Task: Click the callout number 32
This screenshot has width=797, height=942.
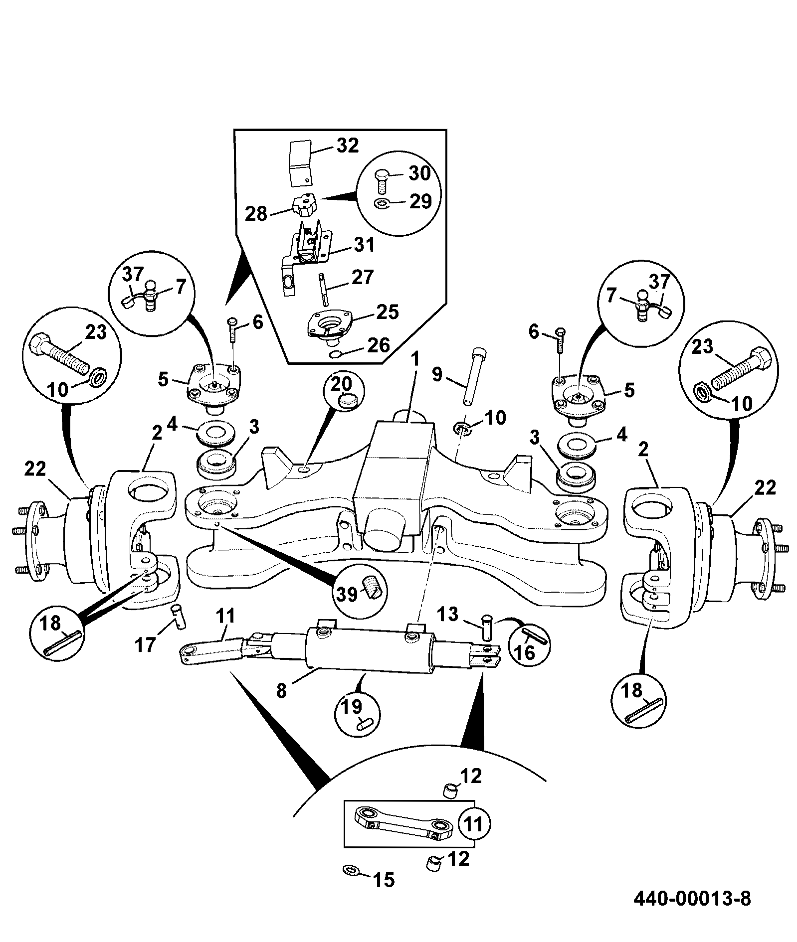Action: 347,146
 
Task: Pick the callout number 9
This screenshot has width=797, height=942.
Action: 437,374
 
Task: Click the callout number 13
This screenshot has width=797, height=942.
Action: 448,615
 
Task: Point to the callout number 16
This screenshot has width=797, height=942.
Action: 525,653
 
